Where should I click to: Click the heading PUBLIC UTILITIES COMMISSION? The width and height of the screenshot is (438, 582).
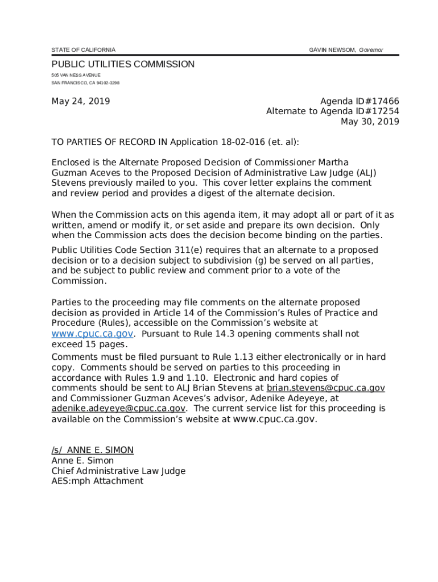click(x=123, y=64)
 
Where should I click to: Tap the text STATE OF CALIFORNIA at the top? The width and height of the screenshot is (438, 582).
click(x=83, y=50)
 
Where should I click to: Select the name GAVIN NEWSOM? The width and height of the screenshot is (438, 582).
click(x=332, y=50)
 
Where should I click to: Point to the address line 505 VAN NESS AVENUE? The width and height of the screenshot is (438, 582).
click(x=76, y=75)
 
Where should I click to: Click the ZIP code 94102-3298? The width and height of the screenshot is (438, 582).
click(x=108, y=83)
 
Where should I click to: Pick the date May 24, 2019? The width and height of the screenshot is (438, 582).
click(x=80, y=102)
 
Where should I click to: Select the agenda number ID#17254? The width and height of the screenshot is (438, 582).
click(x=379, y=111)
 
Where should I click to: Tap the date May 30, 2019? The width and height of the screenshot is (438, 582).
click(x=370, y=122)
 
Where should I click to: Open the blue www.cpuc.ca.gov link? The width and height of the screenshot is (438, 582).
click(x=93, y=334)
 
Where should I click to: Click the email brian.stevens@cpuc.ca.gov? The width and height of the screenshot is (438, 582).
click(x=325, y=388)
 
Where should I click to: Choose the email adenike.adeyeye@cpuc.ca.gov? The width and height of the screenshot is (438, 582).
click(x=118, y=409)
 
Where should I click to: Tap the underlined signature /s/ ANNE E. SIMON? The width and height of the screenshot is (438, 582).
click(x=92, y=450)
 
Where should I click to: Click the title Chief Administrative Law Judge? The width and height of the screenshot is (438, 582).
click(x=118, y=471)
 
